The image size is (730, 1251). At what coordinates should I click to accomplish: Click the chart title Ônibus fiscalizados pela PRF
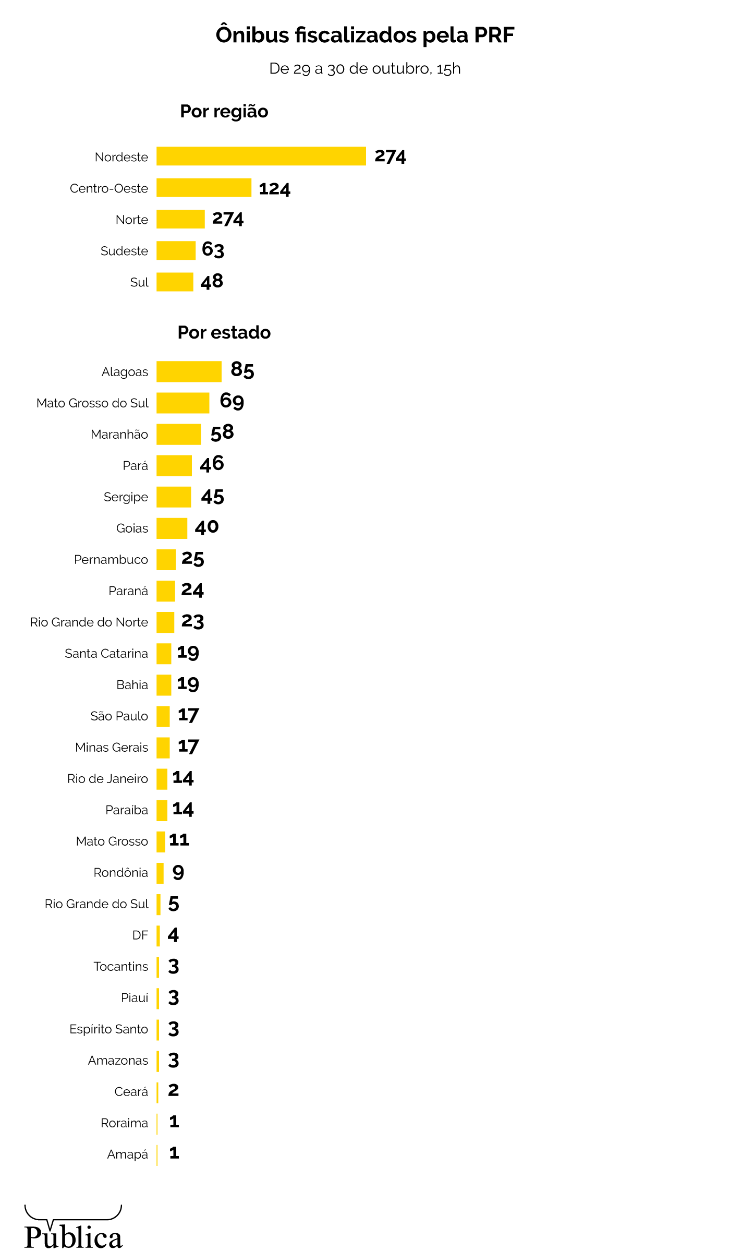point(365,35)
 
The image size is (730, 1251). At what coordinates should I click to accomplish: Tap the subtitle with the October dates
point(365,69)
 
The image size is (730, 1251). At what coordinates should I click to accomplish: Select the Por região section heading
point(224,112)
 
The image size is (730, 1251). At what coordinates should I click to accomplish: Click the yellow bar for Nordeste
point(261,157)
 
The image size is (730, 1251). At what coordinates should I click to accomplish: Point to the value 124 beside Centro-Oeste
point(274,189)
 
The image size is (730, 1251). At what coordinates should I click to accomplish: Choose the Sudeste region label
point(124,251)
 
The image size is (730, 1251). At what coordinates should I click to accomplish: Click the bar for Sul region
point(175,282)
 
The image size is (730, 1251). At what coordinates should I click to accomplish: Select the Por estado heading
point(224,333)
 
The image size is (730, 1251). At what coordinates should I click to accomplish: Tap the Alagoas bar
point(189,371)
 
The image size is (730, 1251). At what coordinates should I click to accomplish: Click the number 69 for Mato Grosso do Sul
point(232,401)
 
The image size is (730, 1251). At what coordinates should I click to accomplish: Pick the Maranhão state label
point(119,435)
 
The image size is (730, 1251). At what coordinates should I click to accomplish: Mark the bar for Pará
point(174,465)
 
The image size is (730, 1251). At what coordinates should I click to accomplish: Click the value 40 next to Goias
point(206,527)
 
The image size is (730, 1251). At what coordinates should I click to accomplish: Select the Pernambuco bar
point(166,559)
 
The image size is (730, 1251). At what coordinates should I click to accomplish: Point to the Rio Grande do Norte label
point(89,622)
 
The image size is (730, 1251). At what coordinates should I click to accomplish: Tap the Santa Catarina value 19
point(188,653)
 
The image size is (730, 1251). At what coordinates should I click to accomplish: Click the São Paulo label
point(119,716)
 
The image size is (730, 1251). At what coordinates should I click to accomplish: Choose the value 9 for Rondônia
point(178,872)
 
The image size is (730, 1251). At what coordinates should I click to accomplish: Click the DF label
point(140,935)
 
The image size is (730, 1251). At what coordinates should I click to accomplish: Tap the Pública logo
point(73,1228)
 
